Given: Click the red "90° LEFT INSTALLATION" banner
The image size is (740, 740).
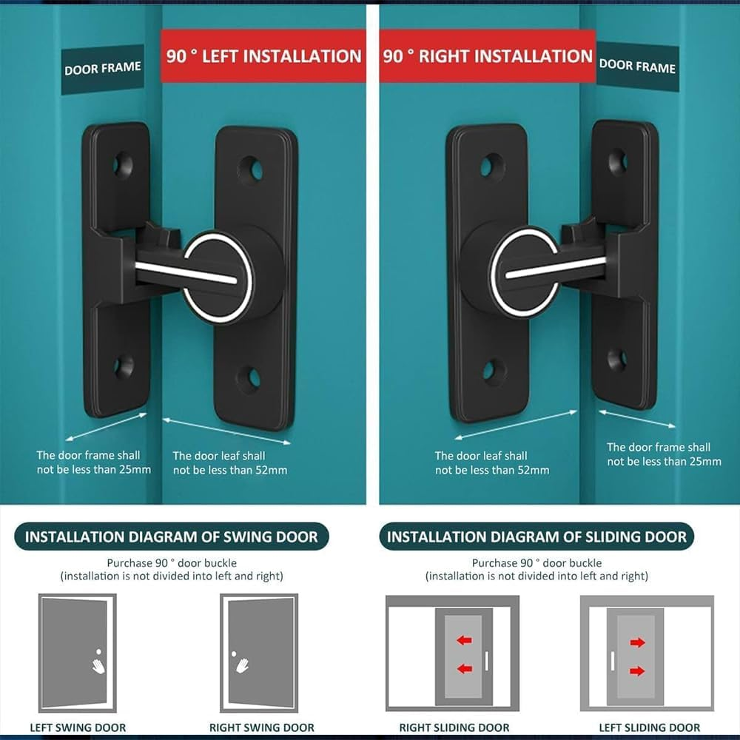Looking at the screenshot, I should (263, 56).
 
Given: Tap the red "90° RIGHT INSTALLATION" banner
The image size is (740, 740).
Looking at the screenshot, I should (488, 56).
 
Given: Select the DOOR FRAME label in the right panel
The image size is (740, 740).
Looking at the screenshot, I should (637, 66).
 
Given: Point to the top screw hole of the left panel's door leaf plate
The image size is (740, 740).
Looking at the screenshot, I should (250, 170).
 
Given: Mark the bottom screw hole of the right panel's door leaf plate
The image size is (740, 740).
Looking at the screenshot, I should (493, 371).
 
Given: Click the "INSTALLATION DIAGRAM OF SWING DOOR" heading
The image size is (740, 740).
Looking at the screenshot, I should (172, 536).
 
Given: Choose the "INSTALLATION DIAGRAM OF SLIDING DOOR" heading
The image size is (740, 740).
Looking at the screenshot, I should (536, 536).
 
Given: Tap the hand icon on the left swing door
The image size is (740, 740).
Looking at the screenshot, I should (98, 664).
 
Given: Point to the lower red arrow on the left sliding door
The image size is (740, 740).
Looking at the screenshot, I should (637, 671).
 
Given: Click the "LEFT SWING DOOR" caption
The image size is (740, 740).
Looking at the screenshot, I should (78, 727).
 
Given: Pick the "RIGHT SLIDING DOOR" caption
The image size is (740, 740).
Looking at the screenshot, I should (453, 727).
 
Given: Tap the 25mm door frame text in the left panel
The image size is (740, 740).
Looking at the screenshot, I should (94, 462).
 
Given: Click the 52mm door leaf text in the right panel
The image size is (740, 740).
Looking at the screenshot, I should (492, 463).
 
